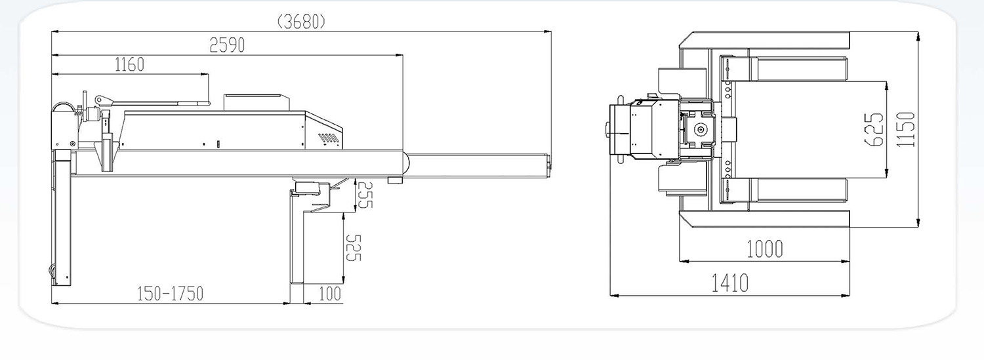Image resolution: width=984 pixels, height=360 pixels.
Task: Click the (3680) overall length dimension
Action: coord(302,22)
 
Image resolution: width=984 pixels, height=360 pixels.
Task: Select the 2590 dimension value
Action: coord(227,45)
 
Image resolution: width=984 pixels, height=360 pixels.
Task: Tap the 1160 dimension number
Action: coord(129,65)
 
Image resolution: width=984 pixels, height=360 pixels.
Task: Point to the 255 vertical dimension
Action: coord(364,195)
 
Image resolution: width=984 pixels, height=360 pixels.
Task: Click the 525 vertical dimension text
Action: coord(353,248)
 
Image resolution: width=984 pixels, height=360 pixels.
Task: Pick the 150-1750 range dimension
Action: coord(171,294)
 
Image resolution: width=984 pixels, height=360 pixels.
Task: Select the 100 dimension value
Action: coord(330,294)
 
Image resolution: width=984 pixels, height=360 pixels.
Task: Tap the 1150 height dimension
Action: coord(906,129)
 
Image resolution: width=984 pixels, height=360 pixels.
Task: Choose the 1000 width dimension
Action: coord(765,249)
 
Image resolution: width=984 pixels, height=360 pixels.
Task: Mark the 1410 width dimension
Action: coord(729,283)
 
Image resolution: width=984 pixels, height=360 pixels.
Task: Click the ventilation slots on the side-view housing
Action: coord(329,138)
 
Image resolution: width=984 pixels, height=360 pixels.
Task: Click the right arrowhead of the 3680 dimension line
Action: coord(548,31)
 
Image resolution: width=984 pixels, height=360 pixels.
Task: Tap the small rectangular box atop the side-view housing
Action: coord(257,102)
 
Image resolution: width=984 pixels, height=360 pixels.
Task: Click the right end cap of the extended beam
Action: coord(548,165)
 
